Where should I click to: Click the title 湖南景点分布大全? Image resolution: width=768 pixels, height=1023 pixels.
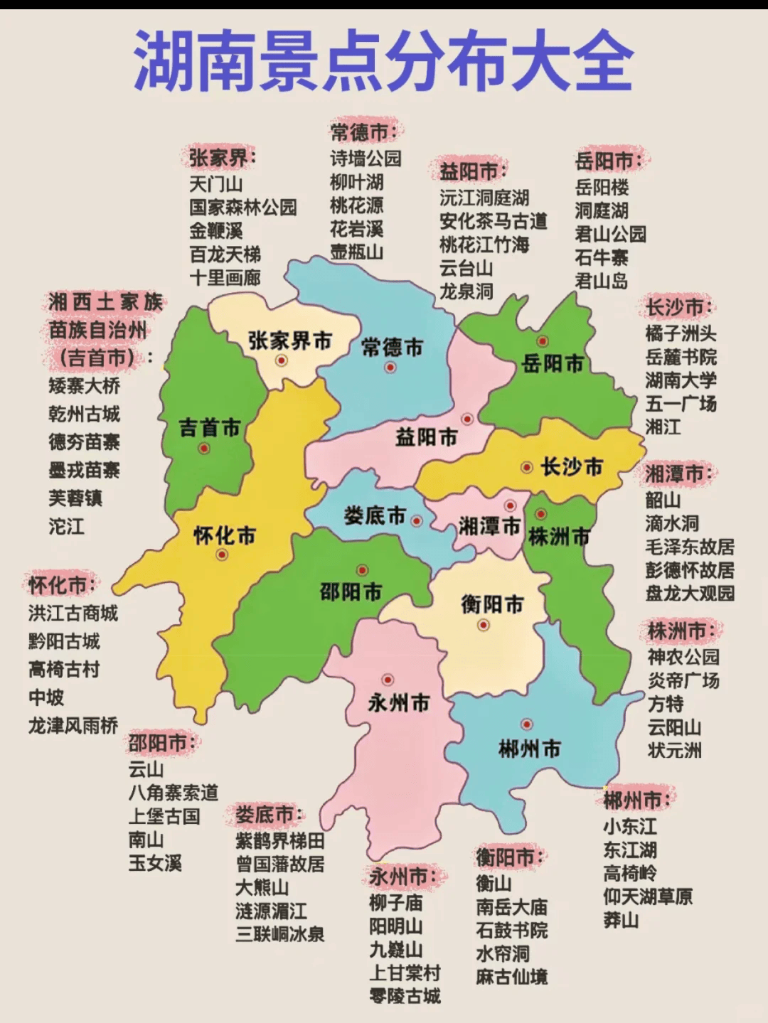click(383, 61)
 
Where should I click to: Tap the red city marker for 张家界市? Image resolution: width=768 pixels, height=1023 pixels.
click(282, 360)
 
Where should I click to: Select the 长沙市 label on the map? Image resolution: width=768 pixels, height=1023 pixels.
click(572, 467)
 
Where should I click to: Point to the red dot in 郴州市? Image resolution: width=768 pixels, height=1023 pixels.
click(526, 724)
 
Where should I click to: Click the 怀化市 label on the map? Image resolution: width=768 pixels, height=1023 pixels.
click(225, 535)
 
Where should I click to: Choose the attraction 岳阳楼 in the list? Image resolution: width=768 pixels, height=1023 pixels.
click(602, 188)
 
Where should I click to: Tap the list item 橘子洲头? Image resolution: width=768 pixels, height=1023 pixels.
click(681, 333)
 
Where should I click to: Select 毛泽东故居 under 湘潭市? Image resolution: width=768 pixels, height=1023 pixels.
click(690, 547)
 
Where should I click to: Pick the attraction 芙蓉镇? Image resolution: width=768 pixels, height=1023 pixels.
click(75, 498)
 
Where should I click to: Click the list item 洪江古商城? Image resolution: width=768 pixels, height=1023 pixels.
click(73, 614)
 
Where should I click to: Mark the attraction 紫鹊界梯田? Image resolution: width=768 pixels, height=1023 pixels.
click(280, 841)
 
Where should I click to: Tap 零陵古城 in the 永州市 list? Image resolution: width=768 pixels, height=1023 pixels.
click(405, 996)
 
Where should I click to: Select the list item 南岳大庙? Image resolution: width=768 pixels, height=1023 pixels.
click(511, 907)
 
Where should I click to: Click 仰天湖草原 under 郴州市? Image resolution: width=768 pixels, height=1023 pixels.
click(648, 897)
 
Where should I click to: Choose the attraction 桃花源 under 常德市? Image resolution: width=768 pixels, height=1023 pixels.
click(356, 205)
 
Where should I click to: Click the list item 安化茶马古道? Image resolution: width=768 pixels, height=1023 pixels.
click(494, 221)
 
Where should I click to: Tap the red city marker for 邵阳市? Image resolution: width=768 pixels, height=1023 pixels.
click(362, 570)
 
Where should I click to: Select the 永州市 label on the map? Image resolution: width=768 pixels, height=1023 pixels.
click(399, 703)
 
